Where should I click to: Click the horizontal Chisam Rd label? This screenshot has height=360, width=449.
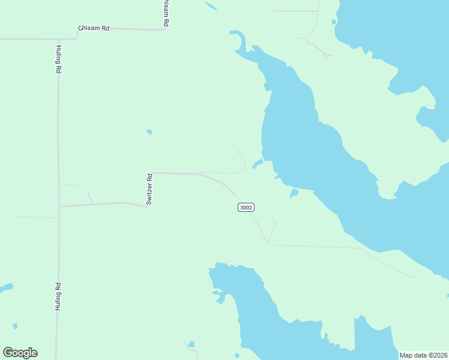pyautogui.click(x=94, y=28)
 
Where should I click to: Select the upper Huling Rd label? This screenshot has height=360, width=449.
pyautogui.click(x=59, y=59)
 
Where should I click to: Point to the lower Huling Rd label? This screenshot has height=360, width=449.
pyautogui.click(x=58, y=296)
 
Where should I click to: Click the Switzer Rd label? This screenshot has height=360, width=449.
pyautogui.click(x=149, y=190)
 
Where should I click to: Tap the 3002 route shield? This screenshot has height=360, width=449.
pyautogui.click(x=246, y=208)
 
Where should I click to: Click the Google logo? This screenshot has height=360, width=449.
pyautogui.click(x=20, y=353)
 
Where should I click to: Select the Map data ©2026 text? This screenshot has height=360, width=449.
pyautogui.click(x=423, y=355)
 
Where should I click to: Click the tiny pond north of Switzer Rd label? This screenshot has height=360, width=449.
pyautogui.click(x=149, y=132)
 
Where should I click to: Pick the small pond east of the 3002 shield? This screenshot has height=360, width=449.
pyautogui.click(x=294, y=193)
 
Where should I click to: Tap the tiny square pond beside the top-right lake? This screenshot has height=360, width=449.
pyautogui.click(x=334, y=22)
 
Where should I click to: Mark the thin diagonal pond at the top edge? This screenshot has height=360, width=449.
pyautogui.click(x=210, y=7)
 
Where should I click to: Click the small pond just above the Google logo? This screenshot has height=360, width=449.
pyautogui.click(x=15, y=326)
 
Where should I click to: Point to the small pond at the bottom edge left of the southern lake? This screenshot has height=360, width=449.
pyautogui.click(x=191, y=344)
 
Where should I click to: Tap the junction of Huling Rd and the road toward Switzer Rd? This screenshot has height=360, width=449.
pyautogui.click(x=59, y=206)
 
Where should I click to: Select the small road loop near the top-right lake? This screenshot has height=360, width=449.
pyautogui.click(x=327, y=56)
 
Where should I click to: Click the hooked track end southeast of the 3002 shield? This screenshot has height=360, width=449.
pyautogui.click(x=274, y=221)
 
